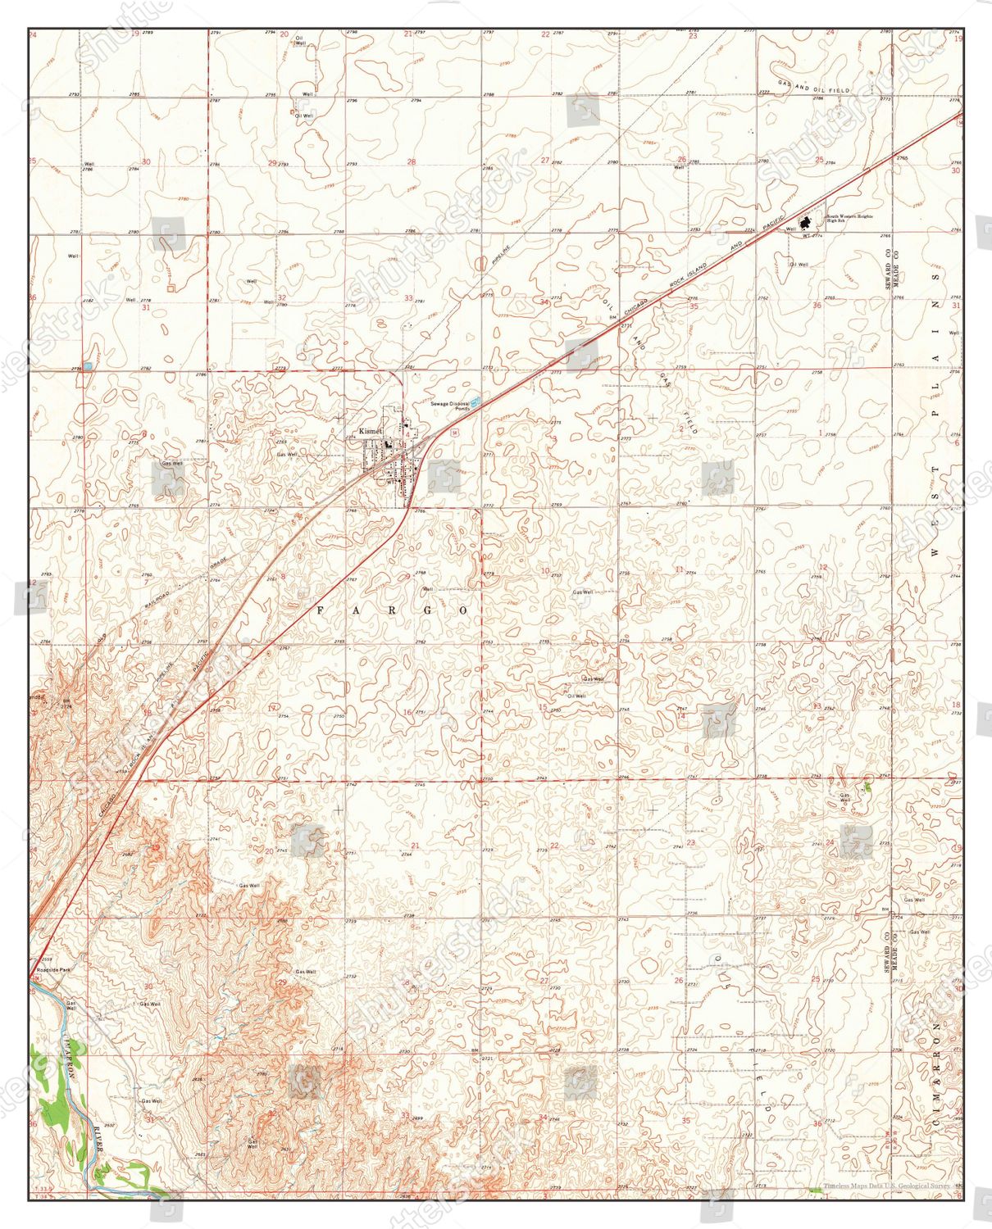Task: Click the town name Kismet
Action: [371, 431]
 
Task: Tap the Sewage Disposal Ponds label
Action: [451, 406]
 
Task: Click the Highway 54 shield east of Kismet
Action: [453, 429]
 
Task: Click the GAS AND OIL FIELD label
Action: [814, 88]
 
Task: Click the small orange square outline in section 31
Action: [171, 288]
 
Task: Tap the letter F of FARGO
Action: [321, 610]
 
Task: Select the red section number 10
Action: [545, 570]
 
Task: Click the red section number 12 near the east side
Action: [823, 567]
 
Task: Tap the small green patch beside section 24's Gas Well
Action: [867, 787]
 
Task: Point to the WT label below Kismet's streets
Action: [390, 482]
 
